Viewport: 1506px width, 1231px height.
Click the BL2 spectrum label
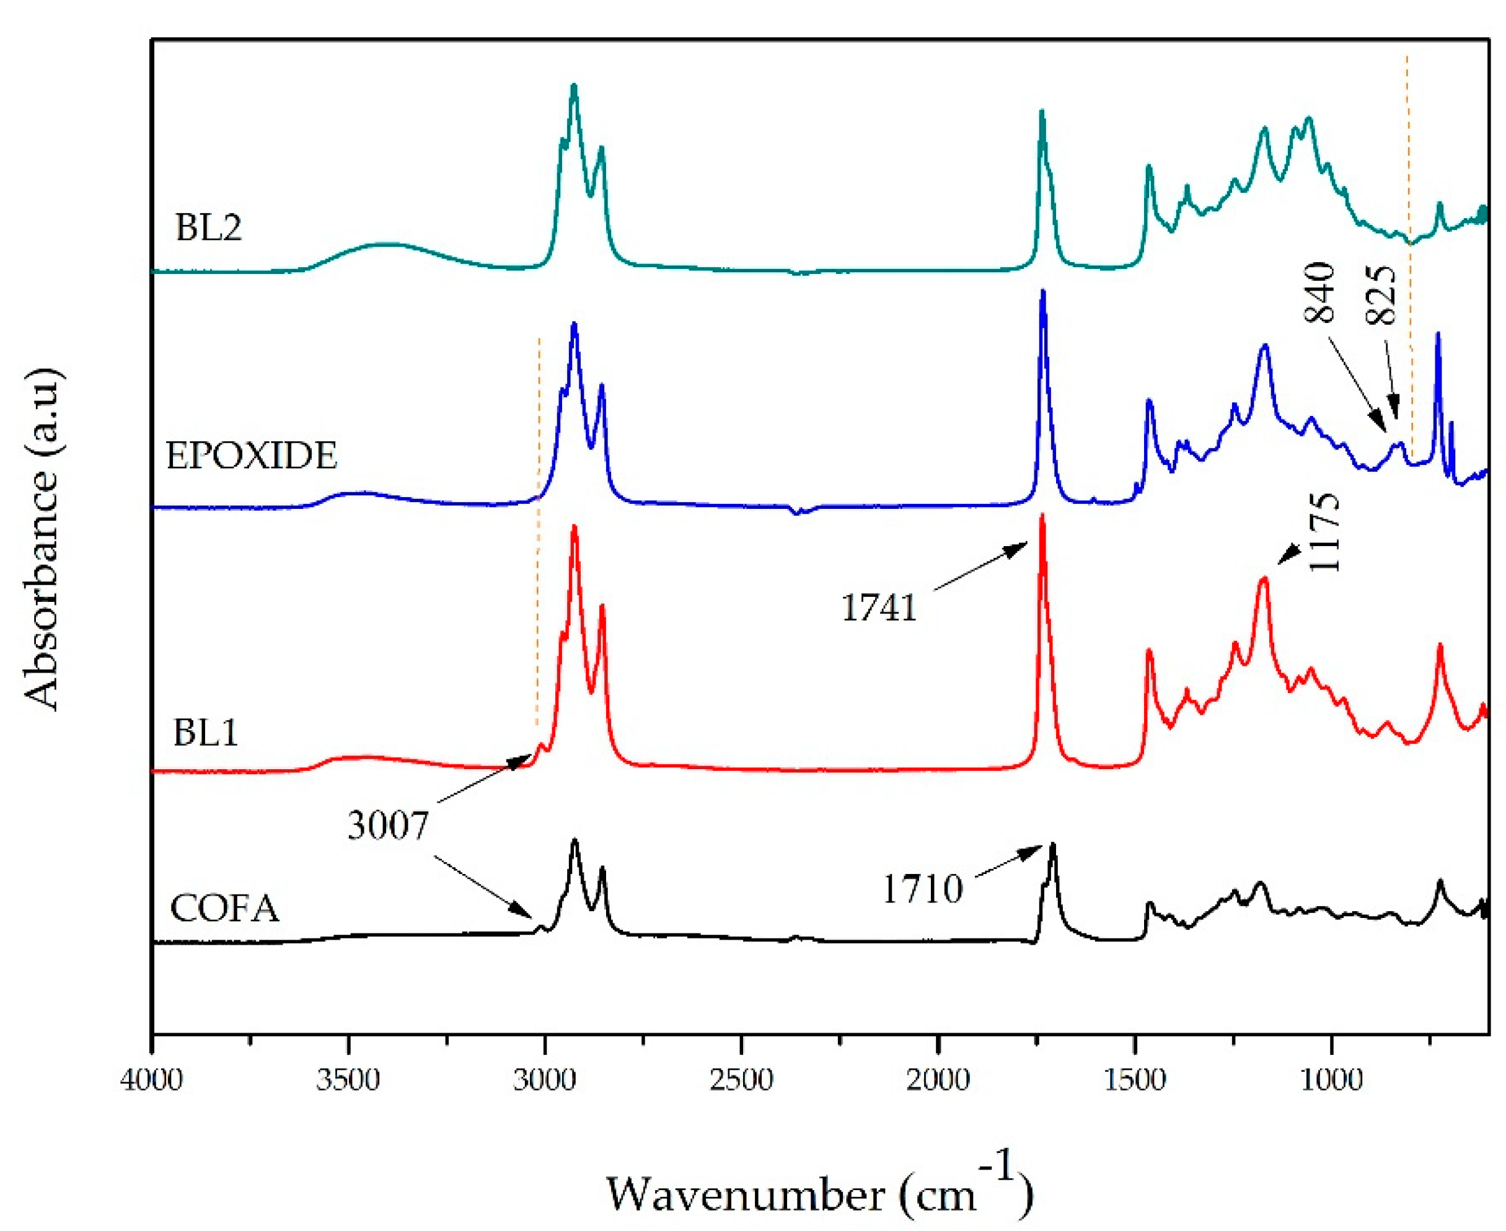point(208,228)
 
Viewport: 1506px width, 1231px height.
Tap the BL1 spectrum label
point(206,733)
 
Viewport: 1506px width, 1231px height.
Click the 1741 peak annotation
point(879,607)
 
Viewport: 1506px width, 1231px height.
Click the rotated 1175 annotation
point(1324,532)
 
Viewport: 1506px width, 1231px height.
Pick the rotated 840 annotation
point(1319,293)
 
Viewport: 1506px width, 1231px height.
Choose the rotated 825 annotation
point(1381,296)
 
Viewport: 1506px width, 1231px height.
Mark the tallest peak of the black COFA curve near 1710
point(1053,845)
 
